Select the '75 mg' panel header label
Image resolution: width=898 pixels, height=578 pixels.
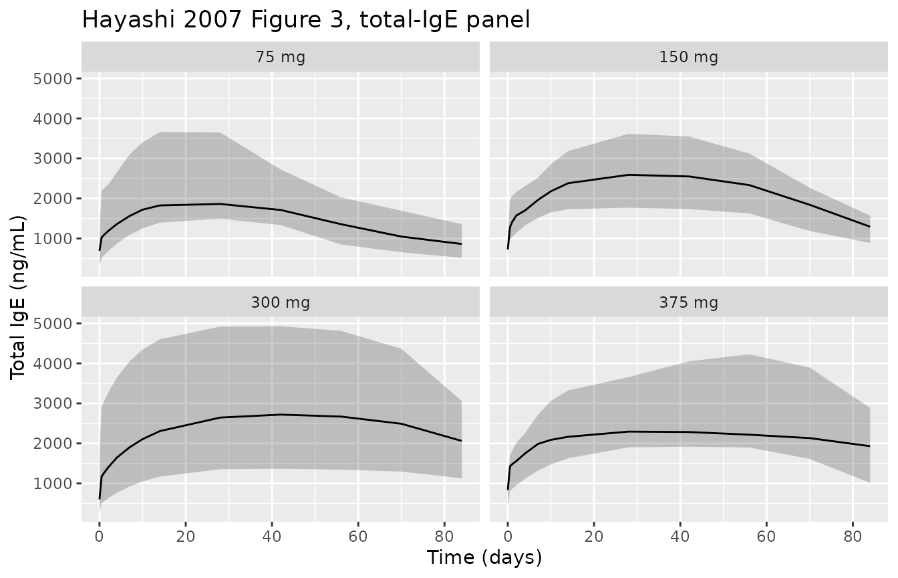point(281,57)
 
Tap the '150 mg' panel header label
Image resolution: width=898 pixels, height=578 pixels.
point(688,57)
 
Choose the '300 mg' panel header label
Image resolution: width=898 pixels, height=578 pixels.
point(281,302)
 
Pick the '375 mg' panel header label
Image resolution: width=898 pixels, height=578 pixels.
point(688,302)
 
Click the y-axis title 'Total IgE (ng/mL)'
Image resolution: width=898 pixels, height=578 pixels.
point(19,298)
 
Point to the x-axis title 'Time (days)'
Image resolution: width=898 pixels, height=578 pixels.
point(484,557)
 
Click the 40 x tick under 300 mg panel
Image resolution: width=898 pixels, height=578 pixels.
point(272,536)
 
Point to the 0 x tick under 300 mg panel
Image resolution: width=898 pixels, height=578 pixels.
point(100,536)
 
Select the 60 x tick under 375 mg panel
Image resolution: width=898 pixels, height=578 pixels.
point(766,536)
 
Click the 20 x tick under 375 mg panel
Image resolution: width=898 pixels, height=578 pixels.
point(594,536)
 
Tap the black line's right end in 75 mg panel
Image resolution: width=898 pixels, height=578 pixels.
point(461,244)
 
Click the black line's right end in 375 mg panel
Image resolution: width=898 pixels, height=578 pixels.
point(869,446)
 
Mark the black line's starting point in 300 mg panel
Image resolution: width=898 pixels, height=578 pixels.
point(100,499)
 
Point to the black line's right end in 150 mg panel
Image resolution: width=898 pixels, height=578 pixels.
point(869,227)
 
